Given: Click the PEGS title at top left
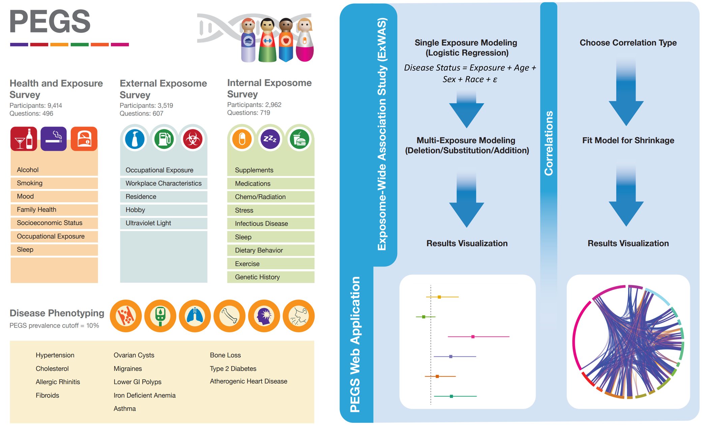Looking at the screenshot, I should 50,22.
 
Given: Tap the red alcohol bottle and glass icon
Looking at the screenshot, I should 24,139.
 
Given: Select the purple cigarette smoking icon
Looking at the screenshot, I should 54,139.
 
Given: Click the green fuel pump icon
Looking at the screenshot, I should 164,139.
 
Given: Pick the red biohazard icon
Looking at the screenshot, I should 193,139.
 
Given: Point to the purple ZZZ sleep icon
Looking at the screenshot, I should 270,139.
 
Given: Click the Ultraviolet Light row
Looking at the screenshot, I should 148,223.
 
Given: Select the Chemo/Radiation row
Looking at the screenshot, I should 260,197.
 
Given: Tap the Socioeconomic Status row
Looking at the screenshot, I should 50,223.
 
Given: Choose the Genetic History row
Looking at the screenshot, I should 257,277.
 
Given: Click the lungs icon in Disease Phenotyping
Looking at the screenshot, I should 195,316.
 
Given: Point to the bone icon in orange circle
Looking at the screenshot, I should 230,316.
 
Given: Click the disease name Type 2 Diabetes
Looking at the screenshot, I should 233,369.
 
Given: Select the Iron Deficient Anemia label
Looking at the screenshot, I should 144,395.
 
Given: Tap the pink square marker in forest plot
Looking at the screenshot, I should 473,337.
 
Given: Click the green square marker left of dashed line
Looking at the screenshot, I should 424,317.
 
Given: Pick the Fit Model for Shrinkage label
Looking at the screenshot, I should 628,141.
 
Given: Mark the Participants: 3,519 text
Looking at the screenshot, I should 146,106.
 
